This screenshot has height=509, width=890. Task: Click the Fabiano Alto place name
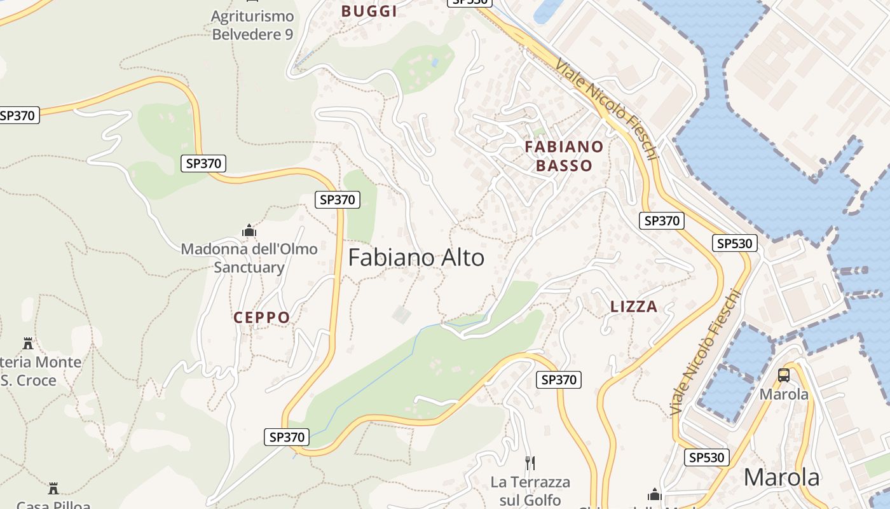[x=416, y=258]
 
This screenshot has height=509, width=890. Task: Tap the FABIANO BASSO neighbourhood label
[x=564, y=156]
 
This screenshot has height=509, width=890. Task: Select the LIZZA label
[x=634, y=307]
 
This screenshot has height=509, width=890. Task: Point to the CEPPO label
[x=262, y=317]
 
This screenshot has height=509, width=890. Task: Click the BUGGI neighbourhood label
[x=369, y=11]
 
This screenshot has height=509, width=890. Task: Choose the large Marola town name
[x=781, y=477]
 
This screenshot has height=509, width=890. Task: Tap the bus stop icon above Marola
[x=784, y=375]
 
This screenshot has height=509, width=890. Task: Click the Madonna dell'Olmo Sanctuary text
[x=249, y=258]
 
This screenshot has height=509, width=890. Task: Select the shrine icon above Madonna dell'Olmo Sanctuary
[x=249, y=230]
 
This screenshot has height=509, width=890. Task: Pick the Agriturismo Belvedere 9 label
[x=252, y=25]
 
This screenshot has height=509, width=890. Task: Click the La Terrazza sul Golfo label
[x=530, y=491]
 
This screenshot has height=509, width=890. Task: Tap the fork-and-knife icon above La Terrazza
[x=530, y=463]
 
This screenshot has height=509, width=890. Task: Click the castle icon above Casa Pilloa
[x=53, y=489]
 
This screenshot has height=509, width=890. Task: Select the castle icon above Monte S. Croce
[x=28, y=344]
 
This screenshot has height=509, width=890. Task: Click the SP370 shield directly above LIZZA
[x=662, y=221]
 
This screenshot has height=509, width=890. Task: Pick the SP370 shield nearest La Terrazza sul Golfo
[x=559, y=380]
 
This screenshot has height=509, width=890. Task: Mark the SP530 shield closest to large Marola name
[x=707, y=457]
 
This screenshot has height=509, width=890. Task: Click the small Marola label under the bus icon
[x=784, y=394]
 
